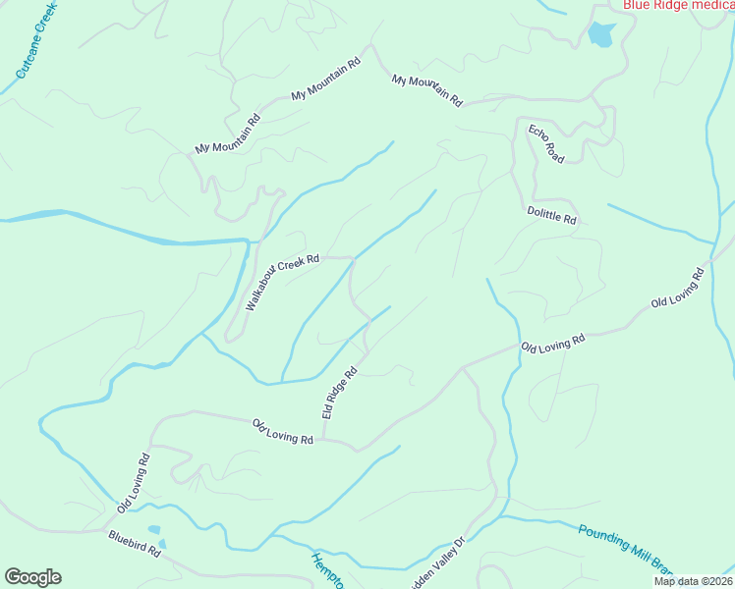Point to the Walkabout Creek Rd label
click(x=283, y=283)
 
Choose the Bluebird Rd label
click(x=135, y=545)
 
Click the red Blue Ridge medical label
click(x=678, y=5)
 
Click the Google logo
click(x=32, y=577)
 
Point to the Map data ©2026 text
click(x=693, y=581)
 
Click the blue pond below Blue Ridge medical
click(x=599, y=36)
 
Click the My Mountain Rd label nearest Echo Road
click(x=426, y=89)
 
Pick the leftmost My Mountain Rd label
click(x=227, y=135)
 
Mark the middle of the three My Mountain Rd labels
click(x=326, y=79)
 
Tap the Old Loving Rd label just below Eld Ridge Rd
click(x=282, y=432)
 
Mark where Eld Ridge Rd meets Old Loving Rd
click(x=324, y=440)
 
